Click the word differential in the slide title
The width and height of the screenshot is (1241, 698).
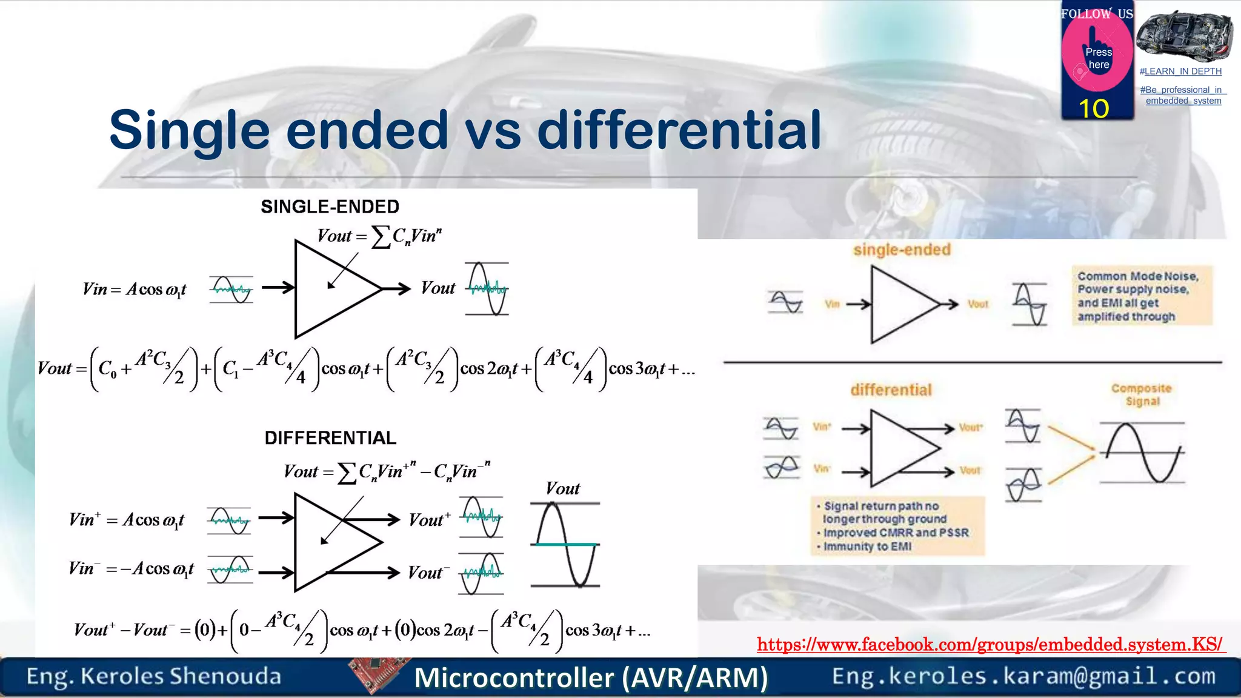[679, 130]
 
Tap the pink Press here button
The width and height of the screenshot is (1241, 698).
[1097, 58]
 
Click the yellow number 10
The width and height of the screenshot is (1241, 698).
[1094, 109]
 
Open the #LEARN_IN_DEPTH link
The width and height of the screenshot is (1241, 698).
[1180, 71]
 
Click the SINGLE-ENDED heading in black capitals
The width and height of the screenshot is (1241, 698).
[330, 207]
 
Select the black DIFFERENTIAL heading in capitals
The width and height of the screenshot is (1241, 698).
[330, 437]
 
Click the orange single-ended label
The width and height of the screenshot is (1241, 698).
[902, 250]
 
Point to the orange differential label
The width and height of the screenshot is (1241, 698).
[891, 390]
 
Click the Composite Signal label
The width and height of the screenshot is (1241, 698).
[1142, 394]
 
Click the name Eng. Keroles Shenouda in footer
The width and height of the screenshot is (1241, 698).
[153, 676]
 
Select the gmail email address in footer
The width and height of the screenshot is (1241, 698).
[1023, 676]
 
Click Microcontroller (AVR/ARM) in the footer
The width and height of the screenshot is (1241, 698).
[591, 677]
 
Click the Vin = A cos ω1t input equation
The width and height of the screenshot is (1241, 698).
[135, 289]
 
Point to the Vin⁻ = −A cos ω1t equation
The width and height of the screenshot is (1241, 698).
[131, 568]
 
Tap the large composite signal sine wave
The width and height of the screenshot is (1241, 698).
[1143, 453]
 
